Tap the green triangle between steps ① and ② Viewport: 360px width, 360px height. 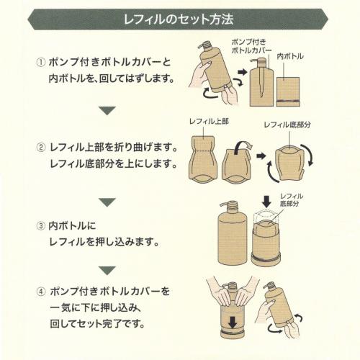click(x=107, y=110)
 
